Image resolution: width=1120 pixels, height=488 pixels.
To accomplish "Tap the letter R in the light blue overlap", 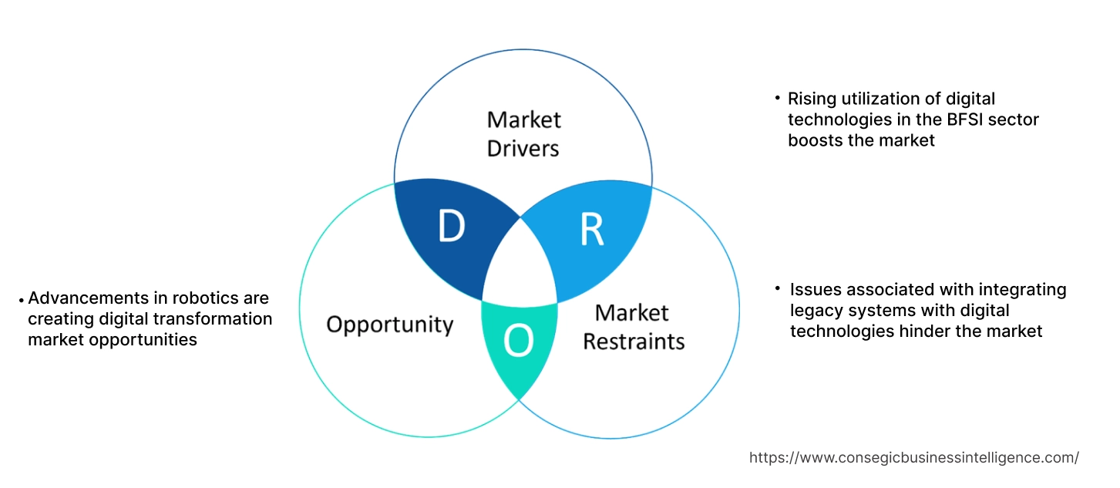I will [x=591, y=229].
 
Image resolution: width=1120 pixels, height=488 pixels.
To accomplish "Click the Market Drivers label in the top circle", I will [x=523, y=133].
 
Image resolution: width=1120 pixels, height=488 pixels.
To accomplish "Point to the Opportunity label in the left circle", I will [x=389, y=324].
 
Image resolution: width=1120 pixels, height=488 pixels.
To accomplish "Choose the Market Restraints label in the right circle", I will [x=633, y=326].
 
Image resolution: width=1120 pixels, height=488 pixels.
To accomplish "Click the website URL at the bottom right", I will [x=913, y=457].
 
